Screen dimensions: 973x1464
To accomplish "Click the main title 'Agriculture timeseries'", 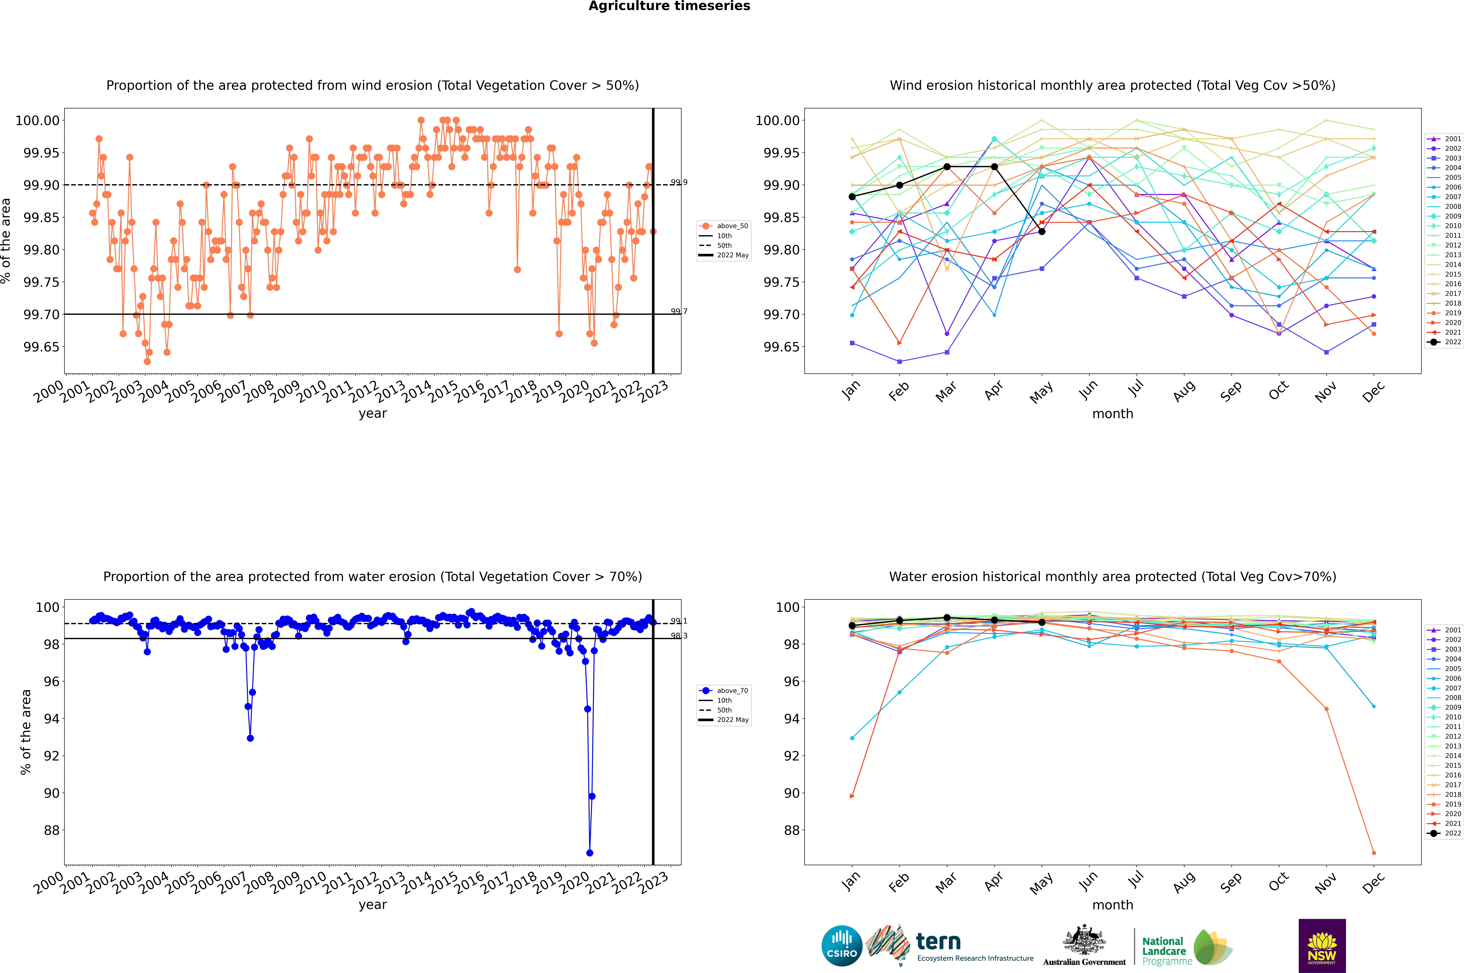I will point(669,6).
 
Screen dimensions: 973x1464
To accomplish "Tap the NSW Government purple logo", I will point(1322,946).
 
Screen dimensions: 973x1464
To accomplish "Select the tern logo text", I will point(938,942).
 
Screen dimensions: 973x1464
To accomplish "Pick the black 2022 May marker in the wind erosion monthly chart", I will point(1042,231).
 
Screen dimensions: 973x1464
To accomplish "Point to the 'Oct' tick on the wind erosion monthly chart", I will point(1278,391).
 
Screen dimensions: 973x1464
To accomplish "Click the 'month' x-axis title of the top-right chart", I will point(1113,414).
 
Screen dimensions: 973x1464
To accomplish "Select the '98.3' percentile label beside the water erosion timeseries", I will point(679,635).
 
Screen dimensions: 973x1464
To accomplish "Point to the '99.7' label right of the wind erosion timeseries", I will point(679,312).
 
